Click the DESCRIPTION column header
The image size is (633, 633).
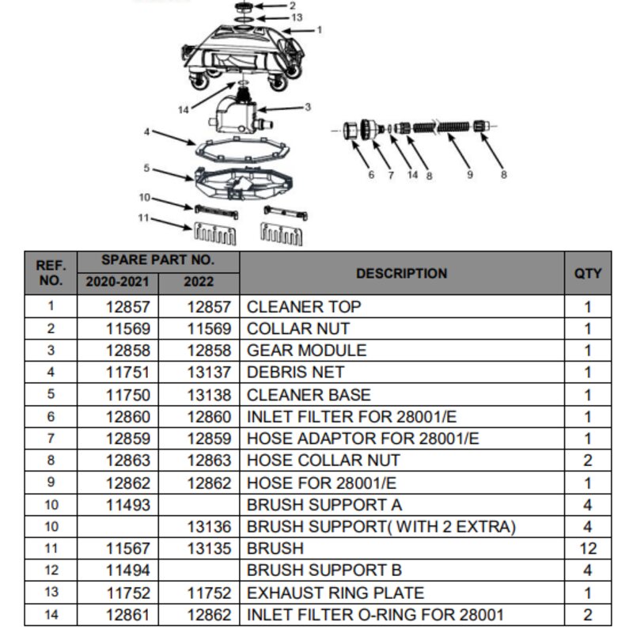[x=402, y=273]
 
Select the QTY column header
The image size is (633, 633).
[x=588, y=273]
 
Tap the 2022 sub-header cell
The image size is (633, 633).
[x=199, y=282]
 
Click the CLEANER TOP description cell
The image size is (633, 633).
[x=304, y=307]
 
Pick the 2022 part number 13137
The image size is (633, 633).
[x=209, y=372]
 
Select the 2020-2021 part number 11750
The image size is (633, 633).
[x=128, y=395]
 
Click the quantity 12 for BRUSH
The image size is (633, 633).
[x=588, y=548]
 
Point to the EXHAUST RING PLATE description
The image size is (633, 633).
[x=335, y=593]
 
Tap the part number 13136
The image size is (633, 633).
[x=209, y=527]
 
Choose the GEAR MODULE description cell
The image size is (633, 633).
[x=306, y=351]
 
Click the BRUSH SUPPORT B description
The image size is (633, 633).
[x=324, y=570]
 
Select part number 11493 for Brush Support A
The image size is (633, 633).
[x=128, y=505]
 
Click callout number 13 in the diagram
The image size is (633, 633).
[x=297, y=17]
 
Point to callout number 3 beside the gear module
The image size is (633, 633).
[x=308, y=107]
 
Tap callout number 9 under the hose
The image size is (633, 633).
[x=469, y=175]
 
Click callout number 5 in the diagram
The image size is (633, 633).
[x=146, y=168]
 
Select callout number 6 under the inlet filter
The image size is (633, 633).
[x=371, y=175]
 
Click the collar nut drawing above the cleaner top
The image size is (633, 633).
[x=244, y=7]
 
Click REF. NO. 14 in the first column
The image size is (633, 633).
[x=51, y=615]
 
